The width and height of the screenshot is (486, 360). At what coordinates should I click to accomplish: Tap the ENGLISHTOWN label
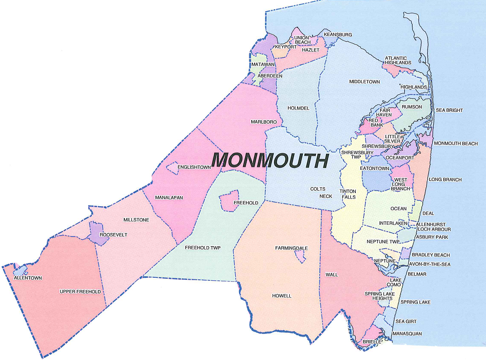point(194,167)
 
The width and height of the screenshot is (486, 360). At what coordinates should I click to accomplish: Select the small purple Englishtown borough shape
point(172,168)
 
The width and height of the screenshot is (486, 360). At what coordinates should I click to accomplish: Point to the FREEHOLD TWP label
point(203,248)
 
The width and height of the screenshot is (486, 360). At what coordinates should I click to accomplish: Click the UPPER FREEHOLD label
point(80,291)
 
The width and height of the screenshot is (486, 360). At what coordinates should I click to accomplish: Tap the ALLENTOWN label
point(28,278)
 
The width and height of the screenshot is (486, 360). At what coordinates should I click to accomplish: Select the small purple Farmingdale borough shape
point(301,256)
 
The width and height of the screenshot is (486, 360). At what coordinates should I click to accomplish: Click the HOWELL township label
point(281,296)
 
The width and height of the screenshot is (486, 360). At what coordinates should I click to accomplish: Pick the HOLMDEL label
point(298,108)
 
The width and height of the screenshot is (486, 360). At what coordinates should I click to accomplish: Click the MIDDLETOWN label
point(364,82)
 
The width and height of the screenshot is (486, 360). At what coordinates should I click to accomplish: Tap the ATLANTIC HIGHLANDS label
point(399,60)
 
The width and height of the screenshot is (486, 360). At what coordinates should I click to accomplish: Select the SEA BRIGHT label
point(449,110)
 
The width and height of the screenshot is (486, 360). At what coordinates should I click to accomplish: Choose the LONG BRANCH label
point(445,180)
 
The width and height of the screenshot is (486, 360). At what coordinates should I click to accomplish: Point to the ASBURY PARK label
point(435,237)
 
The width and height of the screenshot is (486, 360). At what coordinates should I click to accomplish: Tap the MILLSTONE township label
point(136,220)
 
